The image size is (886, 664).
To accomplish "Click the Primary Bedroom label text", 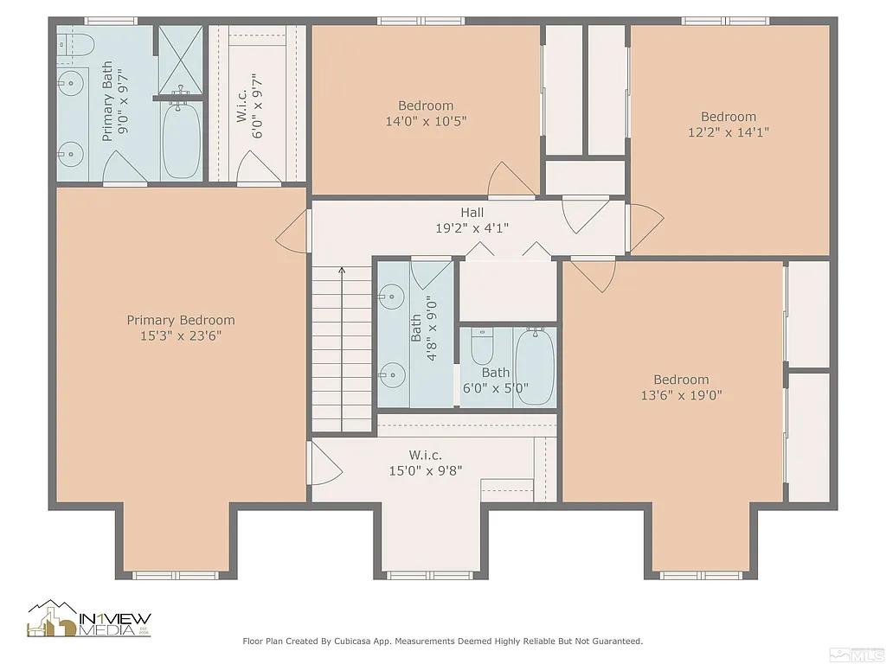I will pyautogui.click(x=180, y=320).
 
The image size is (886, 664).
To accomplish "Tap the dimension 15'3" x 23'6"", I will pyautogui.click(x=180, y=335).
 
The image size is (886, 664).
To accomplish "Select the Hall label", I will pyautogui.click(x=472, y=213).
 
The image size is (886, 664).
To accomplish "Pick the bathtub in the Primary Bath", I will pyautogui.click(x=181, y=138).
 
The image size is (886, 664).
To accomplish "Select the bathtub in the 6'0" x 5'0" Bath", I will pyautogui.click(x=535, y=367).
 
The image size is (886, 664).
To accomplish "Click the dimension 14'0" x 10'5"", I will pyautogui.click(x=426, y=122).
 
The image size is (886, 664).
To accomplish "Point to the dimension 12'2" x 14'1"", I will pyautogui.click(x=728, y=132).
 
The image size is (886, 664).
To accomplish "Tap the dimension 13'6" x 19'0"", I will pyautogui.click(x=681, y=395).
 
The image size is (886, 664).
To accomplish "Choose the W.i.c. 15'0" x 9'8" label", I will pyautogui.click(x=425, y=455).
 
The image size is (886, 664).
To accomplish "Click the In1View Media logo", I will pyautogui.click(x=89, y=620).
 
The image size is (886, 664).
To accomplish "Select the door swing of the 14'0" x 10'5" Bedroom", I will pyautogui.click(x=510, y=180).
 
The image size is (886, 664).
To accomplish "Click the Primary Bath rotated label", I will pyautogui.click(x=108, y=100).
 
